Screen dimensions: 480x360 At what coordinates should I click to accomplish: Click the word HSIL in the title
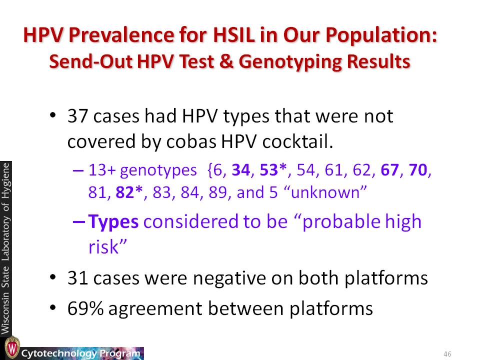point(234,34)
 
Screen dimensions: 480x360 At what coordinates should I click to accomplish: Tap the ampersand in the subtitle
point(226,61)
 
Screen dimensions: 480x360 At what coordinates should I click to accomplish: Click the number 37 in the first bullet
point(78,116)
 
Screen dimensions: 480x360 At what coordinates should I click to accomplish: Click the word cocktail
point(297,141)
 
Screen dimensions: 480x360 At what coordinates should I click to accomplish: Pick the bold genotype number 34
point(241,170)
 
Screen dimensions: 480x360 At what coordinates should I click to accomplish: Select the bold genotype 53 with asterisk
point(273,170)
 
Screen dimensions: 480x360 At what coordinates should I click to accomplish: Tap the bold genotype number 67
point(389,170)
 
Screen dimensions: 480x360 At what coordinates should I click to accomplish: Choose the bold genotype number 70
point(418,170)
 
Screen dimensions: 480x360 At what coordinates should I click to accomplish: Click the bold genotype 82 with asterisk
point(129,192)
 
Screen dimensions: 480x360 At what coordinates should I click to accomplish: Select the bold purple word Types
point(113,221)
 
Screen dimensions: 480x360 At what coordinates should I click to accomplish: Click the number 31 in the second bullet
point(78,278)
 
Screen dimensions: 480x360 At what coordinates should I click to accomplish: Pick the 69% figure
point(85,308)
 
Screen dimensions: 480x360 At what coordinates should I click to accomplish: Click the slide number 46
point(447,354)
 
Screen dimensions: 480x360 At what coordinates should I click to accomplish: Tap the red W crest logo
point(12,348)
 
